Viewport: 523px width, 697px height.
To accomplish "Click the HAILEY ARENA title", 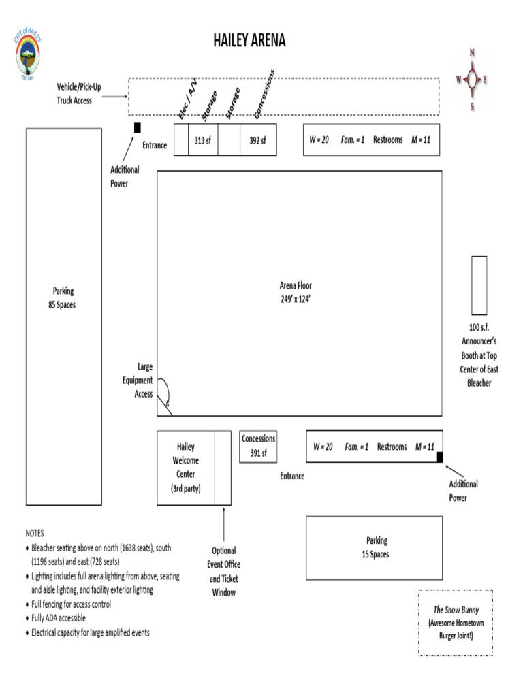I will click(x=249, y=41).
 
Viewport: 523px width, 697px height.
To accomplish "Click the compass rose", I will click(x=472, y=80).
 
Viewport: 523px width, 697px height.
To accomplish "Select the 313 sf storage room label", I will click(x=203, y=140).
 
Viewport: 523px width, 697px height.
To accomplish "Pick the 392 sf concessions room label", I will click(x=257, y=140).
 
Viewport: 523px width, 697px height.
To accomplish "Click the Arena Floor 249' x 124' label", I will click(x=296, y=292).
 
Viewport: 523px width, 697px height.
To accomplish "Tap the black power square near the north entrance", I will click(x=138, y=127).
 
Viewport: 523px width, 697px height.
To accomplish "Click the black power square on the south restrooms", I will click(x=439, y=457).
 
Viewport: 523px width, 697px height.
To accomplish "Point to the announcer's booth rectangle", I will click(x=479, y=285).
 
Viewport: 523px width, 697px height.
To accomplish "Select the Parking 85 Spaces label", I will click(x=62, y=298).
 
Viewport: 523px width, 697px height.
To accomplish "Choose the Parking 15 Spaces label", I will click(x=376, y=547).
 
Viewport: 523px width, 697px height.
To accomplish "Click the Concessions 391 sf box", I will click(x=258, y=446).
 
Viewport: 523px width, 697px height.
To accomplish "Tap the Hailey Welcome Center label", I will click(x=185, y=468).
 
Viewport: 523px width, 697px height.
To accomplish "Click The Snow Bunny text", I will click(x=456, y=610).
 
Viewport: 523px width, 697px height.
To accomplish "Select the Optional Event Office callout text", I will click(x=223, y=571).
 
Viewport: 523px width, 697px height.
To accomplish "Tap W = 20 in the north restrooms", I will click(x=319, y=140).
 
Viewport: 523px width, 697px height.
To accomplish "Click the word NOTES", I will click(x=35, y=534).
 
